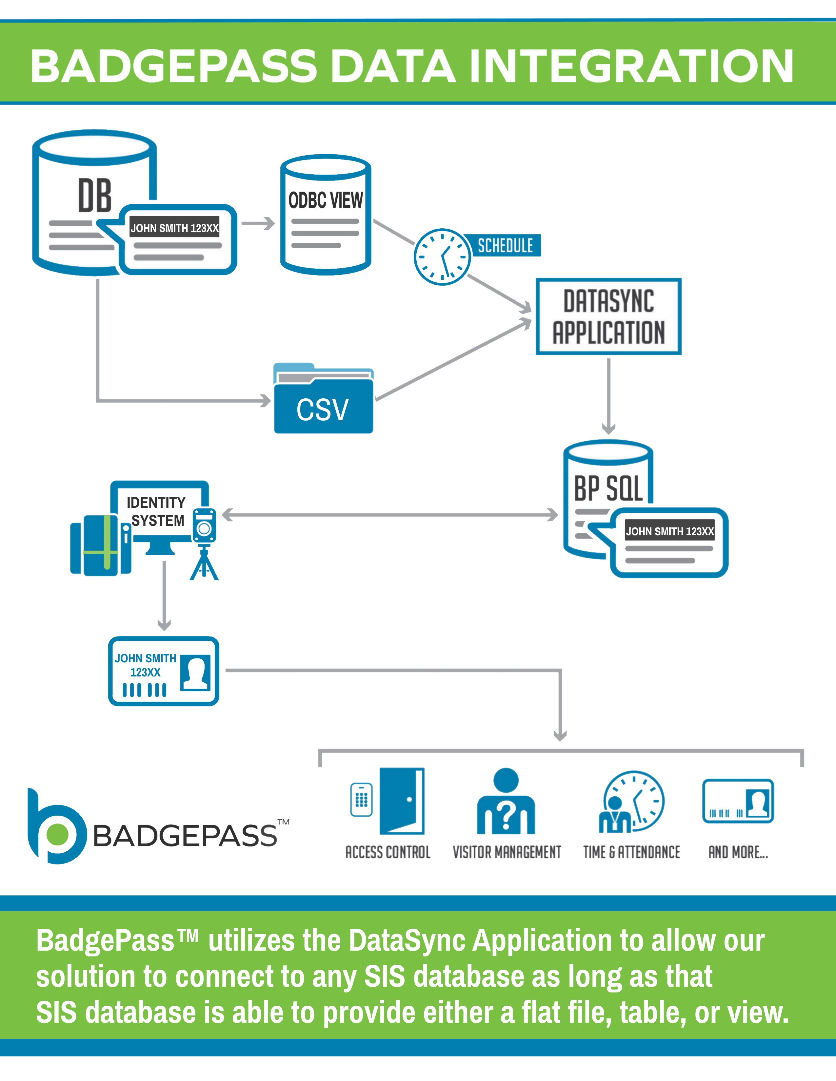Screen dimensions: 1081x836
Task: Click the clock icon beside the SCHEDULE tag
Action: [442, 256]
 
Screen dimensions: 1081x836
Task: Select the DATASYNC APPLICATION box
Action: [608, 316]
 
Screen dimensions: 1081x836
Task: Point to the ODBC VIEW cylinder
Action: [326, 215]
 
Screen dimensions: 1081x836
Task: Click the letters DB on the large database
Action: [95, 196]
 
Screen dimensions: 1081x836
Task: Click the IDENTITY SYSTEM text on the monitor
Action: [156, 511]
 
